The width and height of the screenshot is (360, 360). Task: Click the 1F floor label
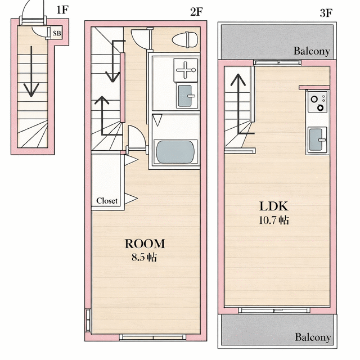click(62, 10)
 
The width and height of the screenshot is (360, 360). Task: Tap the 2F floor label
click(196, 12)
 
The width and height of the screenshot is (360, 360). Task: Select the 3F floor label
click(326, 13)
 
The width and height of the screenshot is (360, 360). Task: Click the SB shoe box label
click(57, 34)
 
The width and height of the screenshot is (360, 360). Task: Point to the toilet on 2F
click(185, 40)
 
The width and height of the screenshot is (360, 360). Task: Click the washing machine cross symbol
click(186, 70)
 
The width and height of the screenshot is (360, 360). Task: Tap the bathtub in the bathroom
click(175, 152)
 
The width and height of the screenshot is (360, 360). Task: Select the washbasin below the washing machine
click(186, 96)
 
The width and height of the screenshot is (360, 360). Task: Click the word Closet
click(107, 201)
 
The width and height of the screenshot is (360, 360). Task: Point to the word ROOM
click(145, 244)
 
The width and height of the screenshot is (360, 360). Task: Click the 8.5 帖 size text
click(145, 258)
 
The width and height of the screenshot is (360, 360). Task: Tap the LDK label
click(273, 206)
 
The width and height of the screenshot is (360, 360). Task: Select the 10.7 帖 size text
click(274, 220)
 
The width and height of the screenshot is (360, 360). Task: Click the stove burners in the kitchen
click(317, 102)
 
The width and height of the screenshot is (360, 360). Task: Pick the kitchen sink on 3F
click(316, 140)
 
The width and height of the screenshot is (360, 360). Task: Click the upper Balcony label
click(312, 51)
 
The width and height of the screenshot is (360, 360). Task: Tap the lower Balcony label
click(313, 337)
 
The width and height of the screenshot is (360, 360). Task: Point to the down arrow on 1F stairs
click(31, 71)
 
